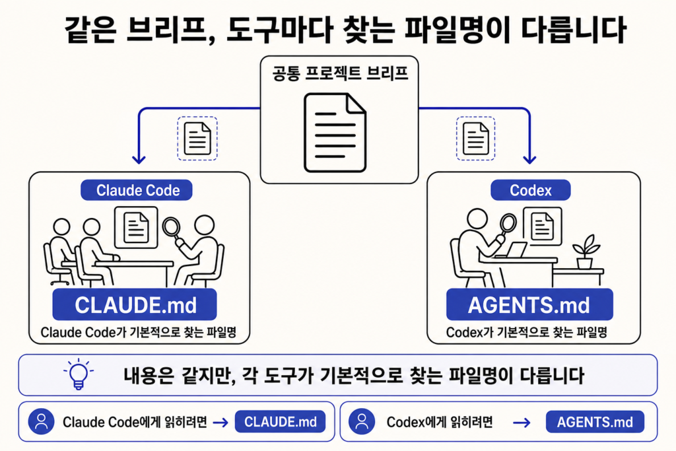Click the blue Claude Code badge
pyautogui.click(x=137, y=190)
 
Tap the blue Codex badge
pyautogui.click(x=530, y=190)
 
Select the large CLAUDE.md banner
pyautogui.click(x=135, y=304)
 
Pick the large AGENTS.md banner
pyautogui.click(x=529, y=304)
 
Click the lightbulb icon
pyautogui.click(x=79, y=374)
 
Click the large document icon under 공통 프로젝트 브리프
pyautogui.click(x=335, y=133)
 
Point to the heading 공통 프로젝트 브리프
pyautogui.click(x=340, y=74)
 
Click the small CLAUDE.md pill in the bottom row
pyautogui.click(x=280, y=422)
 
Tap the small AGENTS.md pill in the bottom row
pyautogui.click(x=595, y=422)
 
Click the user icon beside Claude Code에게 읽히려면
pyautogui.click(x=42, y=421)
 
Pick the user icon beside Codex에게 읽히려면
pyautogui.click(x=362, y=421)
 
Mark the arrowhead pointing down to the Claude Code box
pyautogui.click(x=139, y=160)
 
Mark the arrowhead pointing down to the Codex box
pyautogui.click(x=529, y=160)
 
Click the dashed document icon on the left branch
pyautogui.click(x=197, y=139)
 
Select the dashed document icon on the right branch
pyautogui.click(x=475, y=139)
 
